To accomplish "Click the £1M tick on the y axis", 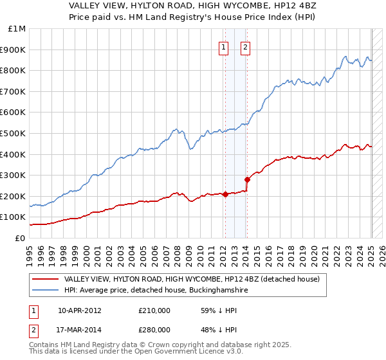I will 17,29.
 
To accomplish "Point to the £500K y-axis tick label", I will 14,133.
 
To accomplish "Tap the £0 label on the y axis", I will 19,238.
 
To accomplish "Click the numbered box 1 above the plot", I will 223,46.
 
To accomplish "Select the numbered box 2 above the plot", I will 246,46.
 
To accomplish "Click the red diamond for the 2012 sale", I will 226,194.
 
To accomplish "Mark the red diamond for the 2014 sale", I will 248,179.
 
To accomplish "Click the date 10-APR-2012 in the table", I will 80,310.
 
